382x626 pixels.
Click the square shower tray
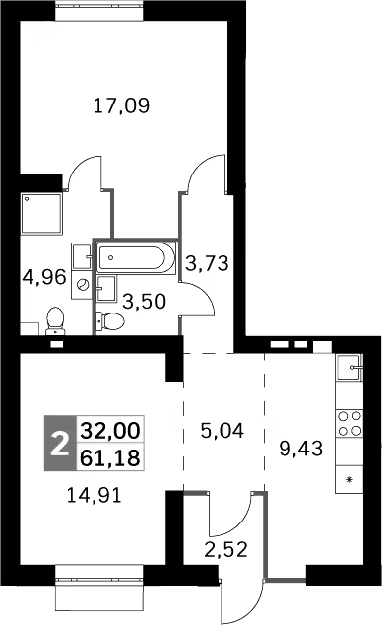(x=41, y=214)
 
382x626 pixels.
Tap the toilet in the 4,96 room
(x=56, y=322)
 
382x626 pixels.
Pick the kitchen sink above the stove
(x=350, y=370)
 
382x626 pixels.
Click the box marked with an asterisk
(x=350, y=479)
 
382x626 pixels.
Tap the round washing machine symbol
(x=83, y=286)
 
